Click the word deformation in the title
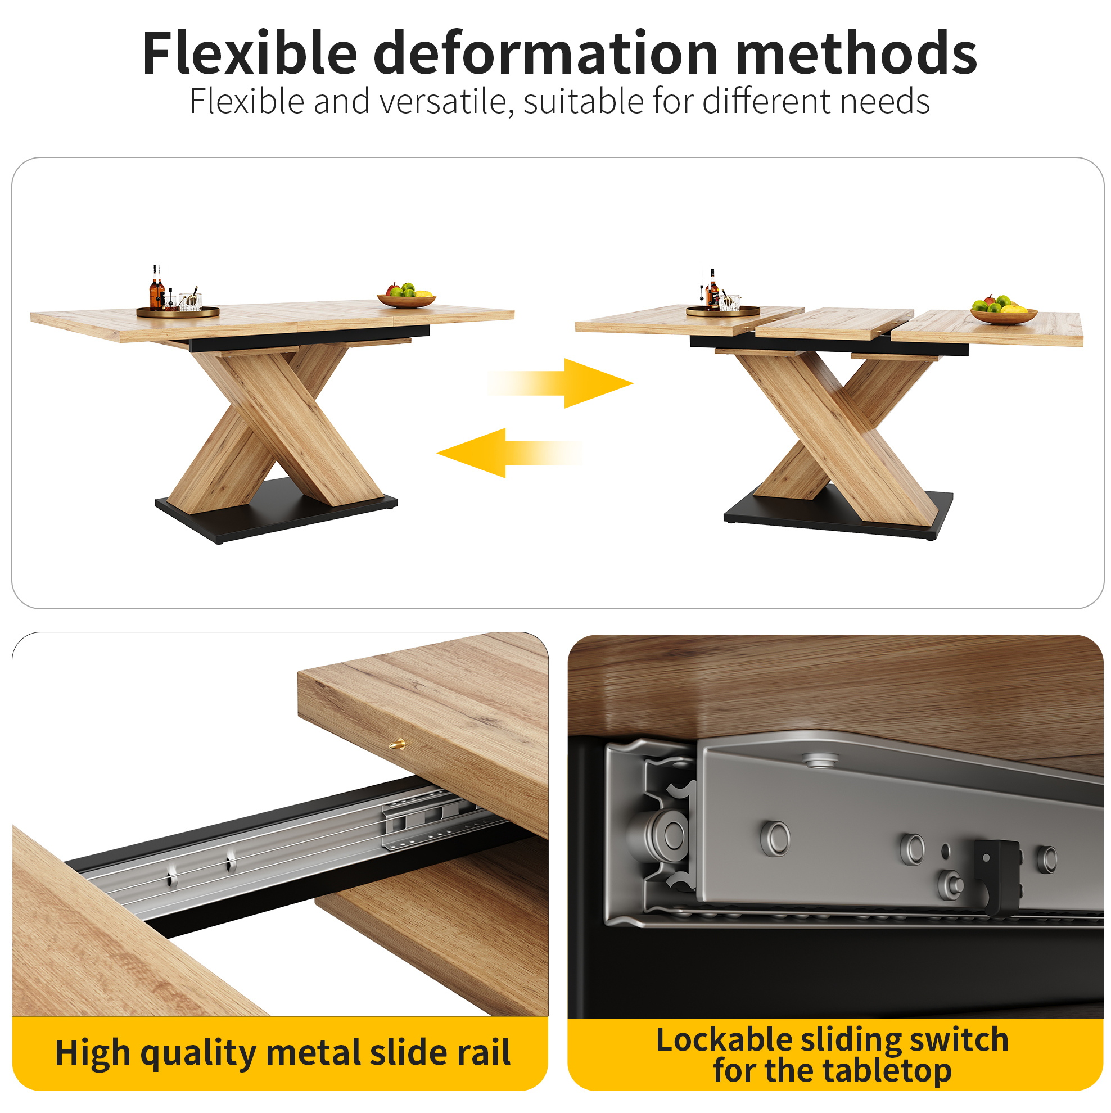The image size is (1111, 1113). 546,53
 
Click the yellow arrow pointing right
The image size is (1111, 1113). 560,383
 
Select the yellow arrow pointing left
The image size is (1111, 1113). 509,453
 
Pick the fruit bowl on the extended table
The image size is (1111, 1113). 1003,310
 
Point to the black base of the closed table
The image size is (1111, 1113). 276,511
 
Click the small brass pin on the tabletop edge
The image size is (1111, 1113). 397,745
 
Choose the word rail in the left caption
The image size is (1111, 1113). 484,1052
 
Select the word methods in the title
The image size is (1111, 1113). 856,53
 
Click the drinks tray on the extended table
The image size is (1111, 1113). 722,310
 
